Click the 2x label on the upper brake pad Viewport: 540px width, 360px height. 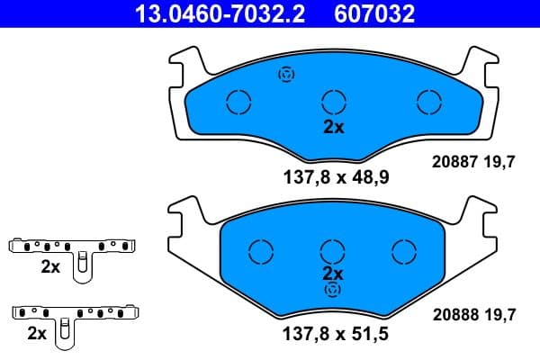click(x=334, y=127)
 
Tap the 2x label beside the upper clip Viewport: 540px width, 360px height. click(x=50, y=266)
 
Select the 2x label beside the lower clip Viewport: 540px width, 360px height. click(x=37, y=333)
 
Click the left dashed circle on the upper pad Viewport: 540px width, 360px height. click(x=238, y=102)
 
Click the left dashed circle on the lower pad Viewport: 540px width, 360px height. click(x=261, y=251)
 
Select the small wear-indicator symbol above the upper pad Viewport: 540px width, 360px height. click(x=287, y=75)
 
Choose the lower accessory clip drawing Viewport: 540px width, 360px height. click(x=77, y=318)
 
